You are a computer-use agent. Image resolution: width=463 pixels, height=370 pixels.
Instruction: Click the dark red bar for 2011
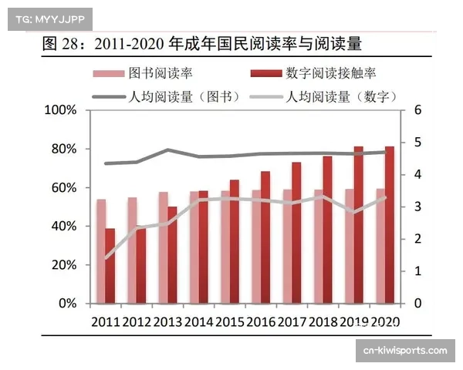110,266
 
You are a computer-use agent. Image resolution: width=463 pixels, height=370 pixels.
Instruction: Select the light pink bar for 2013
163,247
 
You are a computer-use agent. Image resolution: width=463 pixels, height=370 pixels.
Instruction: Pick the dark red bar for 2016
265,237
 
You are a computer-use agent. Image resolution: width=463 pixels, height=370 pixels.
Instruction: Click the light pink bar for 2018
318,247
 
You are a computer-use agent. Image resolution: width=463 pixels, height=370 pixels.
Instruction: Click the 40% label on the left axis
62,226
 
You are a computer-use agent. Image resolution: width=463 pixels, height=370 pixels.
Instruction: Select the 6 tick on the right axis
417,110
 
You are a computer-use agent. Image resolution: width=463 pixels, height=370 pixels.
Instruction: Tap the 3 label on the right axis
417,207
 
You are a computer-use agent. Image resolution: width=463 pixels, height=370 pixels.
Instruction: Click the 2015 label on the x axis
230,321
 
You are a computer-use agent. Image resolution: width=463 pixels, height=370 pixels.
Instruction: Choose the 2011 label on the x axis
105,321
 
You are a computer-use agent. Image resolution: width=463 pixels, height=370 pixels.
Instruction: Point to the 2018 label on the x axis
323,321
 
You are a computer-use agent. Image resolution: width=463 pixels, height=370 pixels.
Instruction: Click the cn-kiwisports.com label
404,351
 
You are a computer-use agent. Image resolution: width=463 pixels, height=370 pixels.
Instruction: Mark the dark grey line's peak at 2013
168,150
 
